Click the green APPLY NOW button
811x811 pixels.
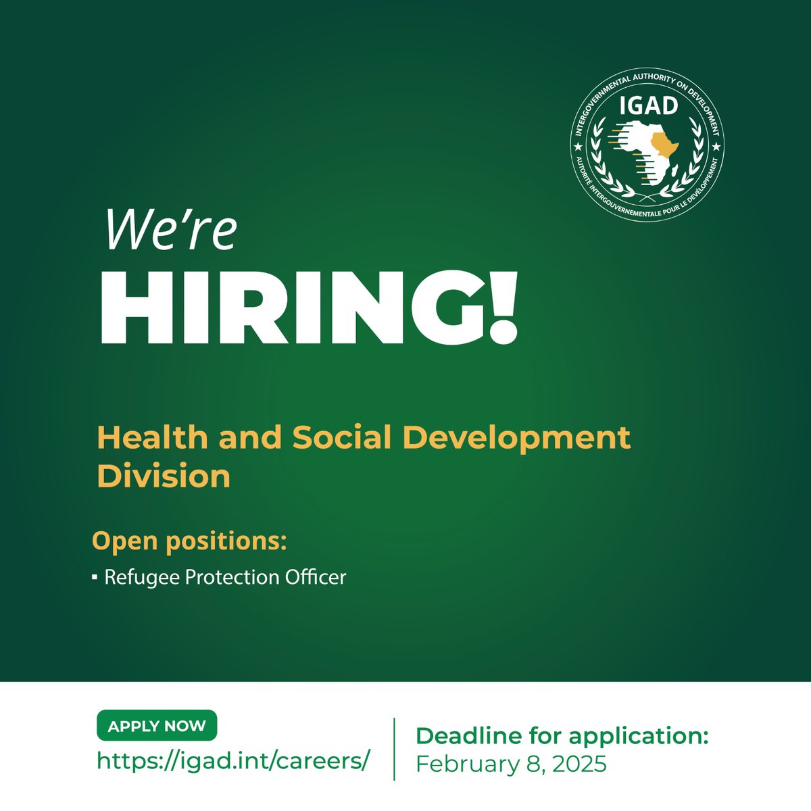coord(157,726)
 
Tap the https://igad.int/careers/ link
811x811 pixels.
coord(234,760)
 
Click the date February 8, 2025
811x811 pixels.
coord(511,764)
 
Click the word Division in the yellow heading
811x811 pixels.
coord(164,476)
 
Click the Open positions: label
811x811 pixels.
coord(189,541)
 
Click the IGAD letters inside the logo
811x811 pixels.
coord(647,107)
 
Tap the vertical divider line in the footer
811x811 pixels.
coord(394,749)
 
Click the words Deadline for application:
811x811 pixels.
coord(562,735)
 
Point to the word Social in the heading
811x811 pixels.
coord(342,438)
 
